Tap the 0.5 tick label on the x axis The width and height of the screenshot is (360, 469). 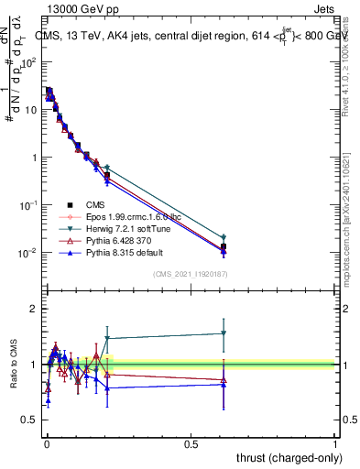coord(191,442)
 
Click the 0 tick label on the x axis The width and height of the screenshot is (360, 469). coord(48,442)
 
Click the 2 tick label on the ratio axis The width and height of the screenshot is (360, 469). coord(34,309)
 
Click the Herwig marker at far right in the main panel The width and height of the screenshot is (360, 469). coord(224,237)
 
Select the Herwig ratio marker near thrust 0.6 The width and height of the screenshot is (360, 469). coord(224,333)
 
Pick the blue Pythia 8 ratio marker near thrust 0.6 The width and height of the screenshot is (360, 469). coord(224,385)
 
